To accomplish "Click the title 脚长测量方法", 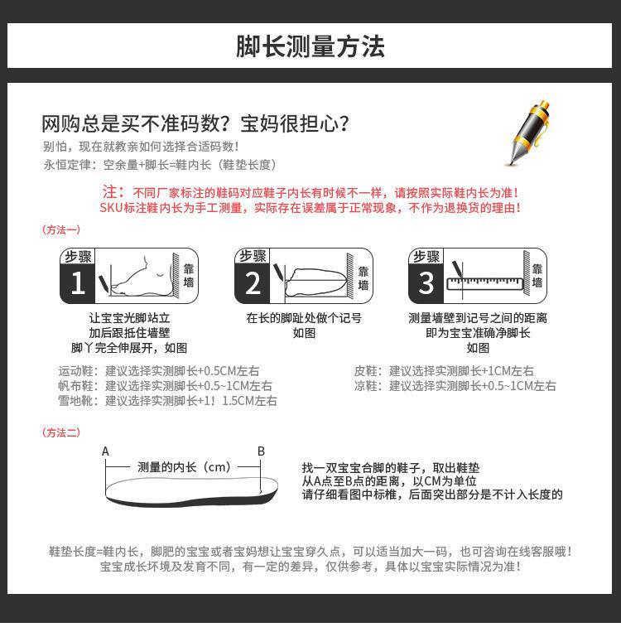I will tap(310, 46).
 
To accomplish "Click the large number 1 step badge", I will tap(78, 283).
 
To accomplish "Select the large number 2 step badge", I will tap(253, 283).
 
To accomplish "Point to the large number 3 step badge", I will tap(426, 283).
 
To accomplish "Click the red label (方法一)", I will tap(61, 229).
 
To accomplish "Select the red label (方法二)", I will tap(61, 432).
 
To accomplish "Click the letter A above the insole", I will tap(105, 451).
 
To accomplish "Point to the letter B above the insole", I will tap(261, 451).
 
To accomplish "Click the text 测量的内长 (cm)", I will tap(184, 467).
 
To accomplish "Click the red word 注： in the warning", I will tap(113, 191).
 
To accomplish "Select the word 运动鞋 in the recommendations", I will tap(78, 371).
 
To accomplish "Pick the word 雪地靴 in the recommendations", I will tap(78, 401).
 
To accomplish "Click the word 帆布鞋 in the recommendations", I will tap(78, 386).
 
